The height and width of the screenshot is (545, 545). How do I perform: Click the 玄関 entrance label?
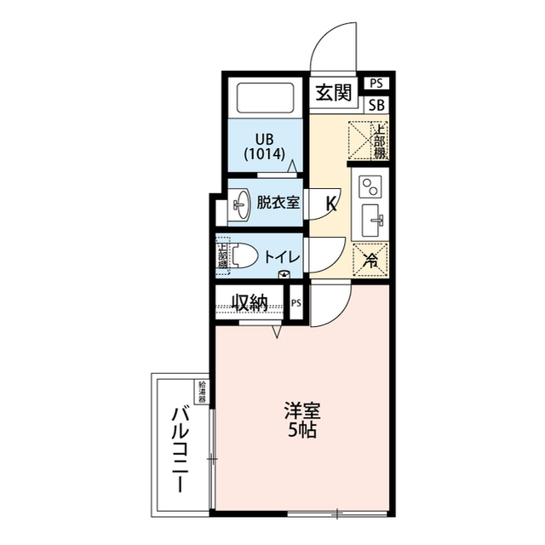[334, 93]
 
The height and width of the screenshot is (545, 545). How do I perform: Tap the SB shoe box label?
[376, 106]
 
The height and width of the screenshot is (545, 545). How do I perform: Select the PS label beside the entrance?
[376, 83]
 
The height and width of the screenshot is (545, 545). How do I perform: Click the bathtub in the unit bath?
[264, 99]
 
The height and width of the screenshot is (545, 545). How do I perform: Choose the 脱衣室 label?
[278, 203]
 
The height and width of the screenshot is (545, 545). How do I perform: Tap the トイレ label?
[280, 256]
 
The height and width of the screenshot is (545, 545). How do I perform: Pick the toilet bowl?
[242, 255]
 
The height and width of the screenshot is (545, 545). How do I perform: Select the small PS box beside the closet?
[295, 303]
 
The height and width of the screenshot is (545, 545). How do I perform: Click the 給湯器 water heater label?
[203, 393]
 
